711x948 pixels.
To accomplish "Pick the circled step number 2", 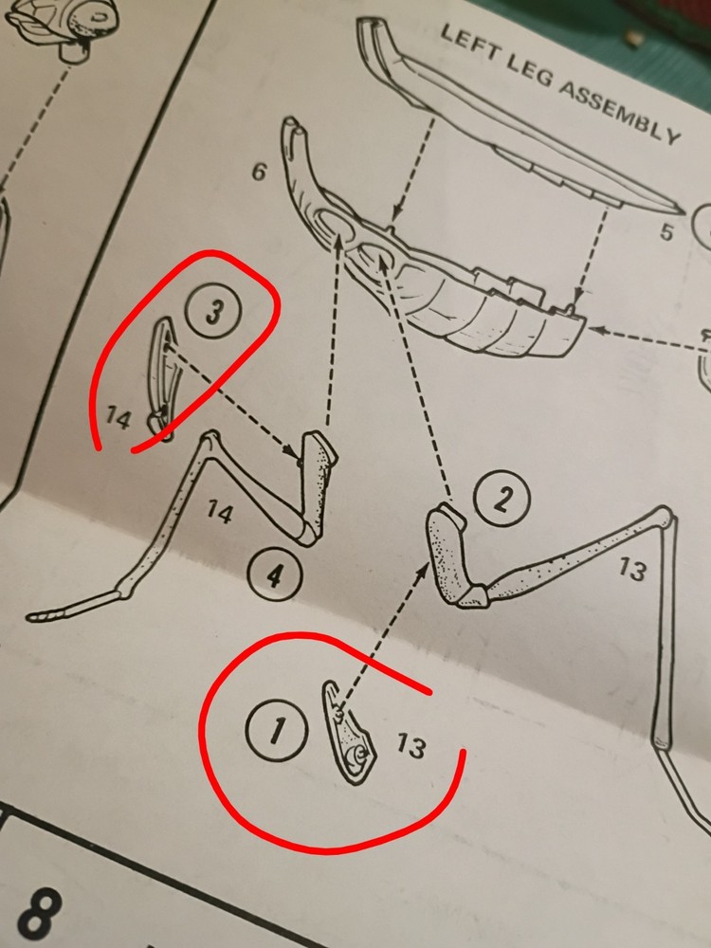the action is pyautogui.click(x=501, y=499).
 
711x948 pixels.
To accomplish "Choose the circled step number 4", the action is pyautogui.click(x=275, y=576).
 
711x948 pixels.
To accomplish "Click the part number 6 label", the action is pyautogui.click(x=259, y=173).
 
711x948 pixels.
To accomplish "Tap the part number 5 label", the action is pyautogui.click(x=665, y=231).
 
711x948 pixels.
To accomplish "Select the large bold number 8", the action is pyautogui.click(x=40, y=914).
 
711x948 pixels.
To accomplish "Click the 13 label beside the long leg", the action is pyautogui.click(x=631, y=569).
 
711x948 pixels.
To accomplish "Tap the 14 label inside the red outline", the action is pyautogui.click(x=118, y=417).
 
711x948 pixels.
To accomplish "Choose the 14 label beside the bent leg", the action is pyautogui.click(x=220, y=513).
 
